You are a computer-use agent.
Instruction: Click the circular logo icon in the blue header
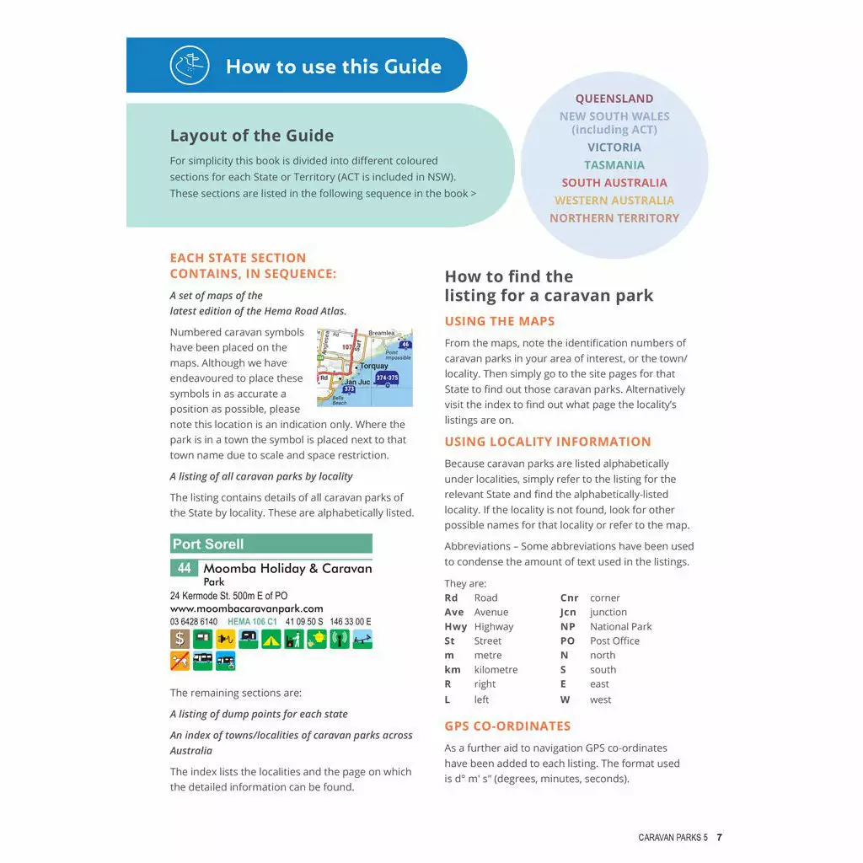coord(189,66)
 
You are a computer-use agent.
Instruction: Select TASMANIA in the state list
coord(614,165)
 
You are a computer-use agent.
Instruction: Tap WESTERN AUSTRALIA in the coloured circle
coord(614,201)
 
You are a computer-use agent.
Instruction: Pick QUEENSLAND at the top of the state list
coord(614,99)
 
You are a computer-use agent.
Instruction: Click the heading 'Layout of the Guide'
coord(252,136)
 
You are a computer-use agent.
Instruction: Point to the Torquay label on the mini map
coord(373,367)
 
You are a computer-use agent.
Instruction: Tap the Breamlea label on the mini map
coord(381,334)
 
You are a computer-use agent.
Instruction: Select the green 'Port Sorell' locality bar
coord(271,544)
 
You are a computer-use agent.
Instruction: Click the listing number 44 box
coord(185,568)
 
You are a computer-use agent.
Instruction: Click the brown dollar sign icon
coord(180,640)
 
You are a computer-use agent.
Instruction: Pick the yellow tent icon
coord(271,640)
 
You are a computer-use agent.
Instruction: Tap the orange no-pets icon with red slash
coord(180,662)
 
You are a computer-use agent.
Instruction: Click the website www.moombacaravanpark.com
coord(246,608)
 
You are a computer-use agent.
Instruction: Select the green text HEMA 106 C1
coord(252,622)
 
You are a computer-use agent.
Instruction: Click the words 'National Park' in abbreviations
coord(620,627)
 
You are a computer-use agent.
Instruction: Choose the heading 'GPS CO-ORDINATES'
coord(507,726)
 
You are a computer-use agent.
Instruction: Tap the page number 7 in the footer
coord(719,838)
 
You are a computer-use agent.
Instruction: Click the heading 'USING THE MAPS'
coord(500,321)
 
